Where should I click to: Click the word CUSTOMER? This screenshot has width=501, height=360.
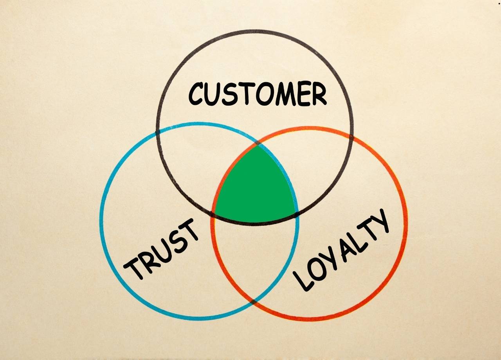coord(257,94)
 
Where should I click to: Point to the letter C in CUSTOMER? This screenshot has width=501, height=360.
coord(198,94)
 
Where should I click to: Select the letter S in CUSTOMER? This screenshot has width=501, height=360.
coord(232,94)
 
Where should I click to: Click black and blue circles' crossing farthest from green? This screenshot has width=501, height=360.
coord(157,132)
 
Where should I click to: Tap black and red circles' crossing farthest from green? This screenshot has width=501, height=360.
coord(351,137)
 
